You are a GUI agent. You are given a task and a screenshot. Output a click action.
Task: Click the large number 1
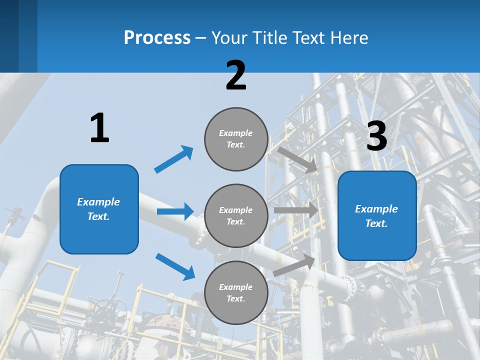click(99, 128)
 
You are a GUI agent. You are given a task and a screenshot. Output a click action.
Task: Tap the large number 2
click(236, 75)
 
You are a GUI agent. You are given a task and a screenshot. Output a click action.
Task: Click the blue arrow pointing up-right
click(174, 159)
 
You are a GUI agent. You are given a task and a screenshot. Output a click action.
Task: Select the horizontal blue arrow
click(175, 211)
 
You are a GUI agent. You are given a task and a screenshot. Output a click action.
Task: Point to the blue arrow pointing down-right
click(175, 266)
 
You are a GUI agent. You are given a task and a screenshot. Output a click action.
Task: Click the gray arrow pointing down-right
click(297, 160)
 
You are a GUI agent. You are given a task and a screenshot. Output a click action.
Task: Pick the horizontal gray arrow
click(296, 210)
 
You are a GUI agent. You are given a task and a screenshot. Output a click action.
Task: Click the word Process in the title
click(157, 37)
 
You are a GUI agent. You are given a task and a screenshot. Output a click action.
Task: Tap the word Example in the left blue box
click(98, 202)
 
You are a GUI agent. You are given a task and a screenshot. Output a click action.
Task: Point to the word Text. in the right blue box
click(376, 223)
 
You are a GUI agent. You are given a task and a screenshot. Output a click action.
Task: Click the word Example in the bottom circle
click(236, 287)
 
